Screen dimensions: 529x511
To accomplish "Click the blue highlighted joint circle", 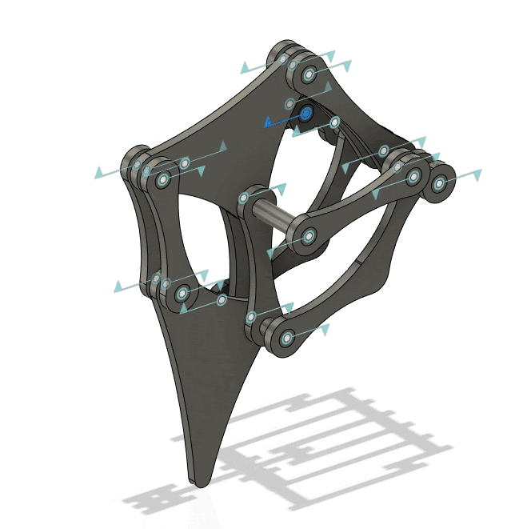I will [x=305, y=114].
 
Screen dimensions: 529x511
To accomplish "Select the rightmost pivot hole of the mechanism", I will [x=438, y=183].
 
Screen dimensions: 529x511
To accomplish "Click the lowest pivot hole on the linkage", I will [x=285, y=339].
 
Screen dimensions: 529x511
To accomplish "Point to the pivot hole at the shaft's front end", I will [x=308, y=237].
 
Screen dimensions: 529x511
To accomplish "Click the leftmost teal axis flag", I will [x=98, y=173].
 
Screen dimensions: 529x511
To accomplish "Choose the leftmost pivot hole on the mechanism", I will [x=138, y=165].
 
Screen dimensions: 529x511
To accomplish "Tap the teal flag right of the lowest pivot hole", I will [x=325, y=330].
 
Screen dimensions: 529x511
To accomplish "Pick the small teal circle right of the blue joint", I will [x=335, y=122].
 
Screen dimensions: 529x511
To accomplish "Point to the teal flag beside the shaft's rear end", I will [x=281, y=187].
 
